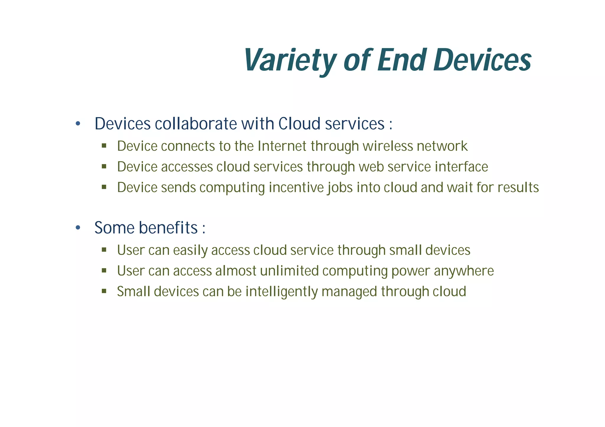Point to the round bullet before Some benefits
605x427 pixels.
[78, 228]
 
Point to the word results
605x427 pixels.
[518, 188]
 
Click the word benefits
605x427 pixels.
[168, 228]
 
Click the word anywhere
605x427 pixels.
[464, 271]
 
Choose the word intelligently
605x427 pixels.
[282, 292]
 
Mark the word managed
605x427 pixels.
[349, 292]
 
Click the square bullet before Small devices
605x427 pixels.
[104, 291]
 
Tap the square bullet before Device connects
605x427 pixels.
[104, 145]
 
